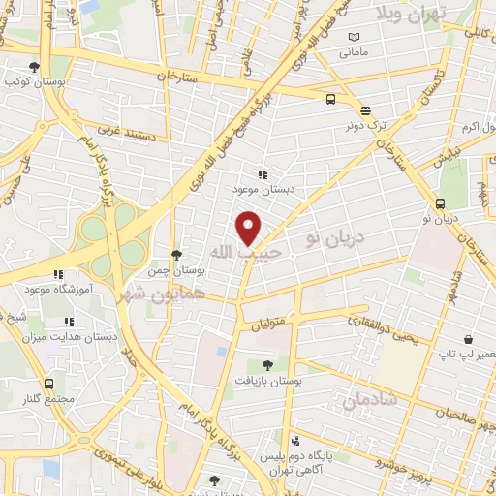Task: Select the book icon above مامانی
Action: (x=353, y=36)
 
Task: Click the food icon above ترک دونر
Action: (x=364, y=110)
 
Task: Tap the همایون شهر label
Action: (x=161, y=292)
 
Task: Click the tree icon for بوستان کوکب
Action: (x=34, y=67)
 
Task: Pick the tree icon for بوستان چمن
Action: (x=174, y=254)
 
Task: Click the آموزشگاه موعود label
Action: (x=57, y=290)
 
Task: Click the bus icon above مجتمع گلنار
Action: (x=49, y=385)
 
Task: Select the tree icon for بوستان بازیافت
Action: (x=266, y=364)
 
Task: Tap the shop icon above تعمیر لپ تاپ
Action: (x=468, y=340)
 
